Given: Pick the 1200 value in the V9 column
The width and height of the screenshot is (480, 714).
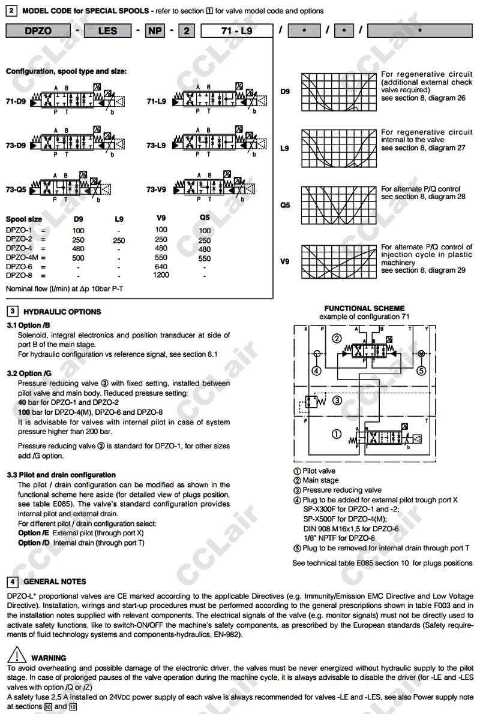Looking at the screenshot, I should [161, 275].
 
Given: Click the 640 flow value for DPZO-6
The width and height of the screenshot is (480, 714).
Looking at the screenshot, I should [161, 267].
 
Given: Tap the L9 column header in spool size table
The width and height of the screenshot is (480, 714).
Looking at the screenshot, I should [119, 219].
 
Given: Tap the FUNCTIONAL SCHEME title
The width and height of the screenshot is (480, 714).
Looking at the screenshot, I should [364, 308].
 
